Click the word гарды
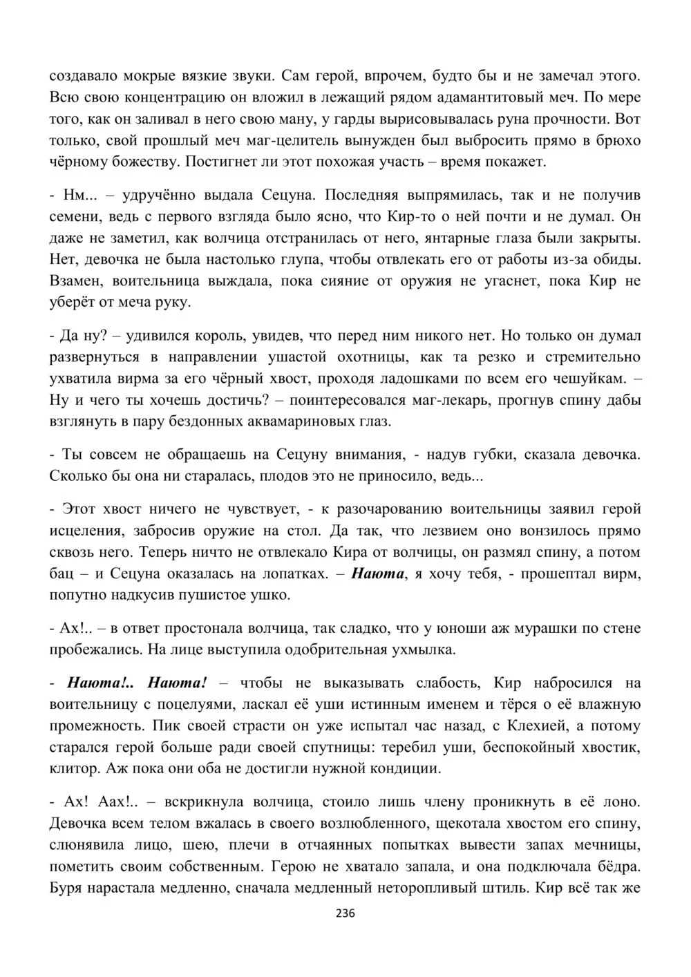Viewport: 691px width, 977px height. coord(363,118)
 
